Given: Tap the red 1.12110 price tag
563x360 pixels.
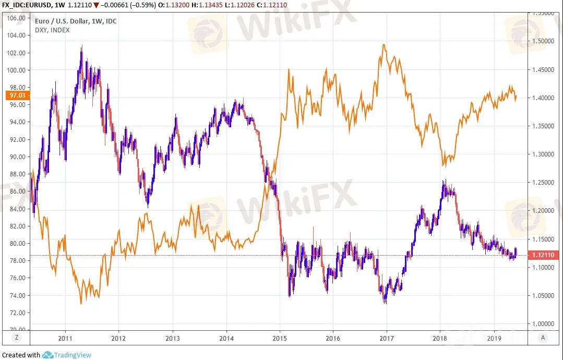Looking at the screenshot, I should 545,255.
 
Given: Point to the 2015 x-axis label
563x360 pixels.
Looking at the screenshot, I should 280,338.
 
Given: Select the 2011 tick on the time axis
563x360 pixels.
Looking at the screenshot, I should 65,338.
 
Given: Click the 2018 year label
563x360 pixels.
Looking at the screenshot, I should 439,338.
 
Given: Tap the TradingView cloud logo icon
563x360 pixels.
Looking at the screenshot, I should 47,355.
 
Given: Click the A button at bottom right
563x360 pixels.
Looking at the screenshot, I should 544,338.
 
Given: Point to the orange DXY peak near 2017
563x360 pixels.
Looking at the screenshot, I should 384,45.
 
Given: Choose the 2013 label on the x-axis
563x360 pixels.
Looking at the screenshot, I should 172,338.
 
